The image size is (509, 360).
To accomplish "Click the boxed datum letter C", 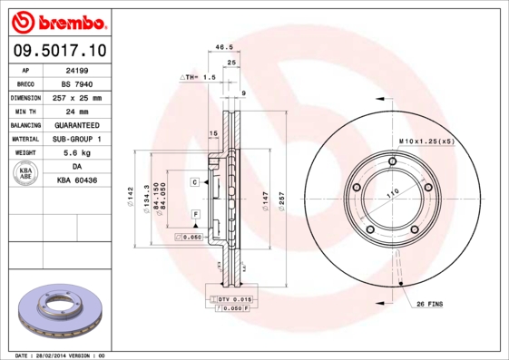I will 194,182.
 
